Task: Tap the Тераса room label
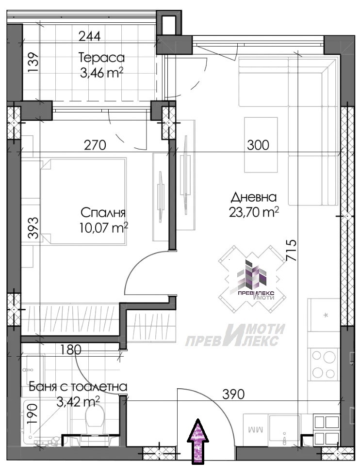pos(101,57)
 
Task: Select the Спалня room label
pos(103,213)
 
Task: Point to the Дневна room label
pos(254,197)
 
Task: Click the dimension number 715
pos(291,251)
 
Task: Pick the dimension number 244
pos(89,36)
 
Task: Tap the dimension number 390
pos(233,394)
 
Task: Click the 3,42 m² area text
pos(78,402)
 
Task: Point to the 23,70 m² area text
pos(254,212)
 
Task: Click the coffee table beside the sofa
pos(261,145)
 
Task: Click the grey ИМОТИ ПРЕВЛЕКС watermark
pos(235,335)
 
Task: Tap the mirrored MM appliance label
pos(255,429)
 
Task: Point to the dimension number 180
pos(71,350)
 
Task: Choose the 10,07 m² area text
pos(103,227)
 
